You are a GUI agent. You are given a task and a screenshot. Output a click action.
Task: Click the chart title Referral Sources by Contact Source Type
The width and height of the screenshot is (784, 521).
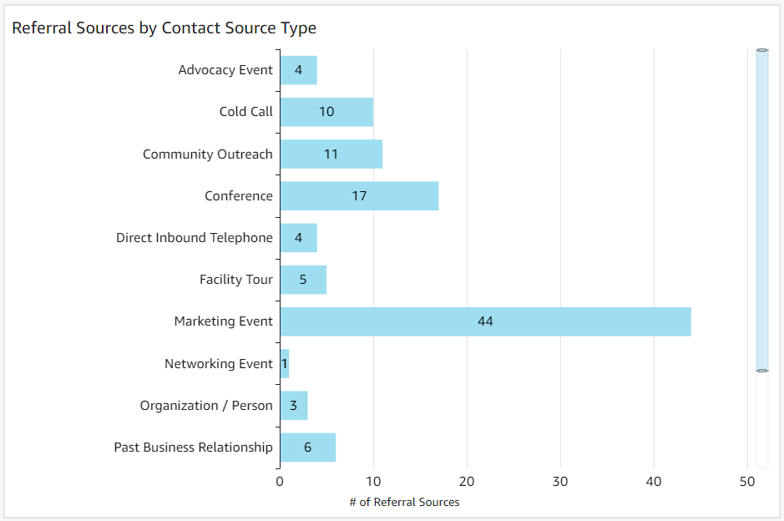click(164, 28)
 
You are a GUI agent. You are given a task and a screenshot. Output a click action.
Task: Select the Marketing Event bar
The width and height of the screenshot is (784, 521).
click(485, 321)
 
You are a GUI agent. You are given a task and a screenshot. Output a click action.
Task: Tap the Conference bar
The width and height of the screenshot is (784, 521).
click(359, 196)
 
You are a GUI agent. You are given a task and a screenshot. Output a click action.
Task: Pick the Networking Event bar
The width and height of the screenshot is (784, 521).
click(285, 364)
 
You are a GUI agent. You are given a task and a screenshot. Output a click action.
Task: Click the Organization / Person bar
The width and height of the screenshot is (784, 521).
click(294, 406)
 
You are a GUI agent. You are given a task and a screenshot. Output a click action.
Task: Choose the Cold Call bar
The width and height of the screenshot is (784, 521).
click(326, 112)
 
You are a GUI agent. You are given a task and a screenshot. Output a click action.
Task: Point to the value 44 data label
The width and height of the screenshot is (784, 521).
click(485, 321)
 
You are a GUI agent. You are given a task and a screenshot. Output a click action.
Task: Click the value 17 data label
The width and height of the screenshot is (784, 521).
click(359, 196)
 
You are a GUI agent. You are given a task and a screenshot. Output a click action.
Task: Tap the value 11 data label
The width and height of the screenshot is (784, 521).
click(331, 154)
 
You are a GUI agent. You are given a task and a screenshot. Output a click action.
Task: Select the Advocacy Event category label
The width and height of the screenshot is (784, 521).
click(225, 70)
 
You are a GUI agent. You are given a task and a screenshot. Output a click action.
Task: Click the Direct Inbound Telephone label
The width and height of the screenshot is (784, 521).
click(195, 238)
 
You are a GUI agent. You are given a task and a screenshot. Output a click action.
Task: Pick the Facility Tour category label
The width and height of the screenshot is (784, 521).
click(236, 280)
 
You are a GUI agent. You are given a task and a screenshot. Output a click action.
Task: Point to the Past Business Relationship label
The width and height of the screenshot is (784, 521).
click(193, 448)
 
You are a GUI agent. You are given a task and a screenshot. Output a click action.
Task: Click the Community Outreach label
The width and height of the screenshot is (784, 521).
click(208, 154)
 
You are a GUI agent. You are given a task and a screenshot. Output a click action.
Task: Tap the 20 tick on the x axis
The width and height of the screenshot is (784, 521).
click(467, 482)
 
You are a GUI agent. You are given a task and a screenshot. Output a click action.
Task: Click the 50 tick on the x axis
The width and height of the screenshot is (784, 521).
click(747, 482)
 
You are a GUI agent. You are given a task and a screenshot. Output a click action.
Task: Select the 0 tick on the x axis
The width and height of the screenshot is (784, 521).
click(280, 482)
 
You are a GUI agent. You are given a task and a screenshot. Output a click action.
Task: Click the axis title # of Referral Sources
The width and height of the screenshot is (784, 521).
click(404, 502)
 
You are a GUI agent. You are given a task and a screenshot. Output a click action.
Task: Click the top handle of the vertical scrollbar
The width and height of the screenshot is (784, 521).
click(761, 51)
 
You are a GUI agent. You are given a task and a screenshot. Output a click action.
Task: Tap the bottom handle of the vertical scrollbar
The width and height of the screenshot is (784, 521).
click(761, 370)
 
